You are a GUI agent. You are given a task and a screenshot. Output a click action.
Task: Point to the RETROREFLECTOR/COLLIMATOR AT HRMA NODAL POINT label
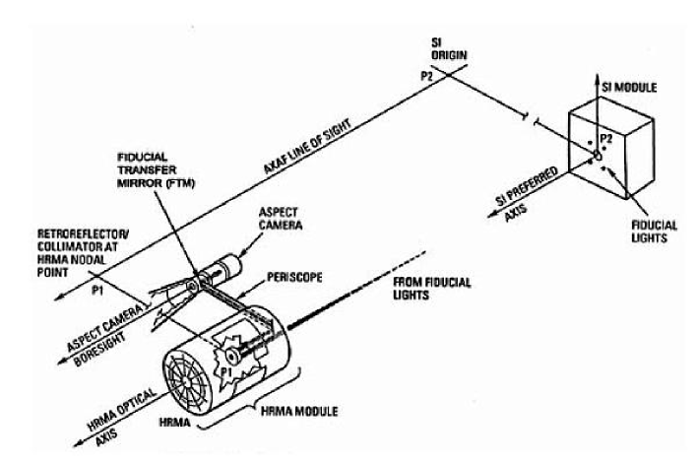[58, 251]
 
